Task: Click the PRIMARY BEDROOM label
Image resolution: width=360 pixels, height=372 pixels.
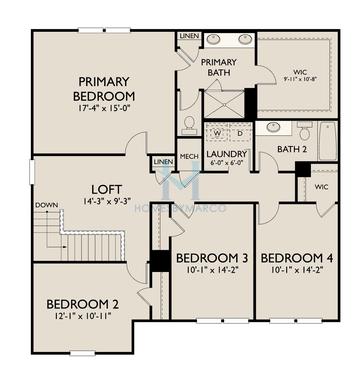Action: click(x=94, y=88)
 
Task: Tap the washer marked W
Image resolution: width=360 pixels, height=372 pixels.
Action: click(x=217, y=132)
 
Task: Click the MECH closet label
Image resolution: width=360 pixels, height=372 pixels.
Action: click(x=188, y=156)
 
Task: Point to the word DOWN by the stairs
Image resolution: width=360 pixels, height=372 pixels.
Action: click(x=46, y=206)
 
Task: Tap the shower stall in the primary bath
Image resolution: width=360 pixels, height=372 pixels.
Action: click(x=225, y=102)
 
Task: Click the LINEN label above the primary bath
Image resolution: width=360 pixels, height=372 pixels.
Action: click(x=189, y=36)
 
